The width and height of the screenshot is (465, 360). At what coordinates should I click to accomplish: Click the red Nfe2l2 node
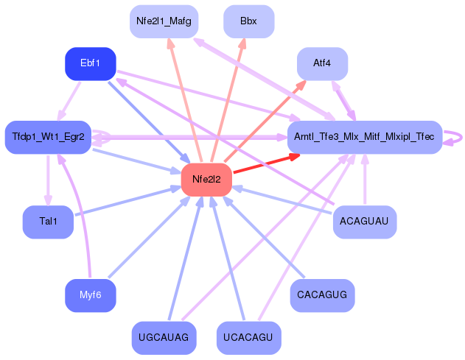206,179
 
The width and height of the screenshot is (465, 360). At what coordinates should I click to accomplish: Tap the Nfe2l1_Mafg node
164,21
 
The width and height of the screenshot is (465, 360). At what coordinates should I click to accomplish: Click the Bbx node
248,21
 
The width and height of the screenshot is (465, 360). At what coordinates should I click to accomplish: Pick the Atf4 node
322,63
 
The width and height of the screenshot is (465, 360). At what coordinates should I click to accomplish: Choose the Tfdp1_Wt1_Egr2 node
48,137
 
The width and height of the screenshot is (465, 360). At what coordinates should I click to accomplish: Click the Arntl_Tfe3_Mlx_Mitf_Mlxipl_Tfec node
364,137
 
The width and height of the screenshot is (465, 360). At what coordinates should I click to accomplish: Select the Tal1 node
48,221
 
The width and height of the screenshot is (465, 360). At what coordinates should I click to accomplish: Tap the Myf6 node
91,294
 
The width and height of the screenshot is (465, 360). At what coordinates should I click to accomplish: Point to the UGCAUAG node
164,337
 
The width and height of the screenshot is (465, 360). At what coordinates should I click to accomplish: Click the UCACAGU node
248,337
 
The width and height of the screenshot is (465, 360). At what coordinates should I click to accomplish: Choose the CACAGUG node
322,294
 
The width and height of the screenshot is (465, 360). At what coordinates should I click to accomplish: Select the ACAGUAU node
364,221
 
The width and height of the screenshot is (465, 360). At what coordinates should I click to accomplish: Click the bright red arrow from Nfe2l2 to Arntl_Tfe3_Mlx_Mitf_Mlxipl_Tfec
262,164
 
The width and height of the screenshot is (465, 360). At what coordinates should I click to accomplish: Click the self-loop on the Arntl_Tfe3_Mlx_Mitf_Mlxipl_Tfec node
457,137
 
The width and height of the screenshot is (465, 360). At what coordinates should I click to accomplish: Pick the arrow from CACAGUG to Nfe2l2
262,235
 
